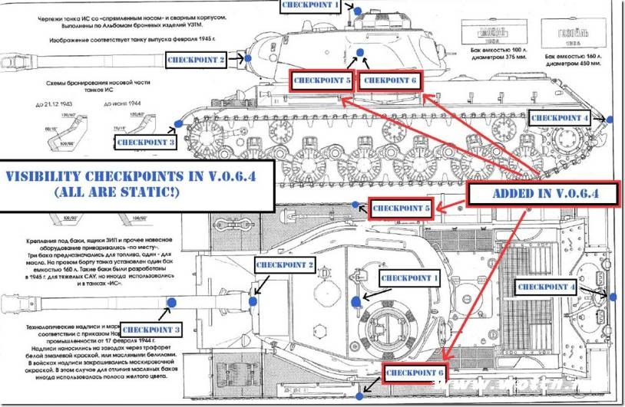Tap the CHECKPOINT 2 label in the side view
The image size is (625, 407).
(x=197, y=59)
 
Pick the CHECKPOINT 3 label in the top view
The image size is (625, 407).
(x=151, y=330)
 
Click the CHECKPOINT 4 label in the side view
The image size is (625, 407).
(x=560, y=118)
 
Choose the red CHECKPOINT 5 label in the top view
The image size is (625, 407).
(x=401, y=207)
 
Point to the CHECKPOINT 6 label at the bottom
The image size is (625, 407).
(x=414, y=373)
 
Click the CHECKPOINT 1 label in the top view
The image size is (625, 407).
(x=411, y=278)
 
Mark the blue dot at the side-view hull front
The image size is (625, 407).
(x=178, y=123)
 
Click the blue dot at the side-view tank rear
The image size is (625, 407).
(x=611, y=120)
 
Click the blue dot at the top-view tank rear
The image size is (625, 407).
(x=613, y=296)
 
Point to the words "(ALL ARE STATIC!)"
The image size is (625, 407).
(x=131, y=192)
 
